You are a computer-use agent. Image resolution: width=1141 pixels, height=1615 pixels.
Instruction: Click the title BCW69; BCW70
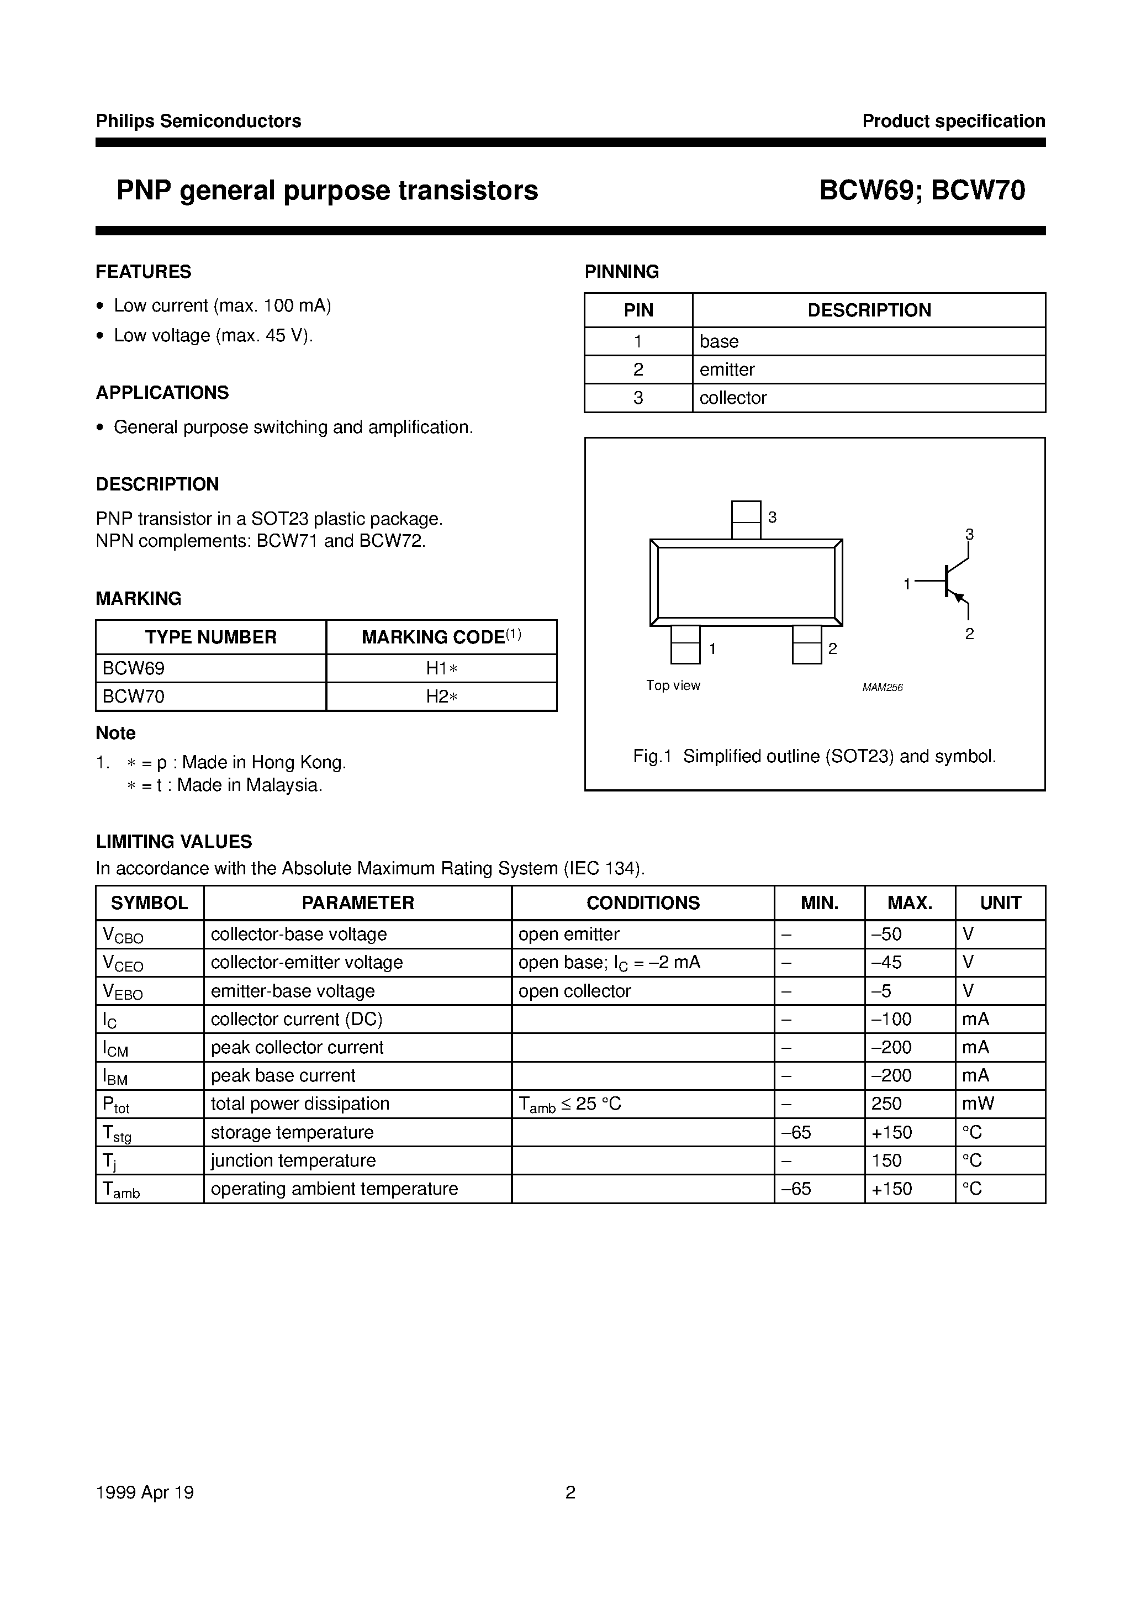(922, 191)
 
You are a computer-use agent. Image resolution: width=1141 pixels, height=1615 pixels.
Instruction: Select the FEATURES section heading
(144, 272)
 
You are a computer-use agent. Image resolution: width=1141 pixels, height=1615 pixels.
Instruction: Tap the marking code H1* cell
(442, 668)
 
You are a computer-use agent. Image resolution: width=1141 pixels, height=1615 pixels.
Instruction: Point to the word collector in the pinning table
(732, 398)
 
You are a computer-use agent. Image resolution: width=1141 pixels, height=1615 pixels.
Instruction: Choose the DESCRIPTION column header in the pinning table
(869, 310)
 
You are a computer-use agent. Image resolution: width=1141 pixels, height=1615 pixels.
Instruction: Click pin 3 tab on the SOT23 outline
(746, 520)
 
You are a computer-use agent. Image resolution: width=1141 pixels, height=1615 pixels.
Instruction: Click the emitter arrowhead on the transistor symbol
(956, 597)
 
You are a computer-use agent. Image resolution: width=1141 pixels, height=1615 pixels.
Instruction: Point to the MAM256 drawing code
(882, 687)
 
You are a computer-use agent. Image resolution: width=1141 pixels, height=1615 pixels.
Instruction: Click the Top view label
(673, 685)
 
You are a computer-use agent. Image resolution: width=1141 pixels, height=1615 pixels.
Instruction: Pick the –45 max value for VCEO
(886, 962)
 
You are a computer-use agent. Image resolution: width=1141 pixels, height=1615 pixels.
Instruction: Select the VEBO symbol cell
(123, 992)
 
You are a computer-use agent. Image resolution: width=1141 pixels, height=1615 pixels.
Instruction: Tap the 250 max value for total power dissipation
(886, 1104)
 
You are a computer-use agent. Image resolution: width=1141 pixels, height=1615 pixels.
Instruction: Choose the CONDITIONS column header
(643, 903)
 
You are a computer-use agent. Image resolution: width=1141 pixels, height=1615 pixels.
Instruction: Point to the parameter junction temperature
(293, 1160)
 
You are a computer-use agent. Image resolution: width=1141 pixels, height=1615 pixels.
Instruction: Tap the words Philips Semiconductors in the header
(198, 121)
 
